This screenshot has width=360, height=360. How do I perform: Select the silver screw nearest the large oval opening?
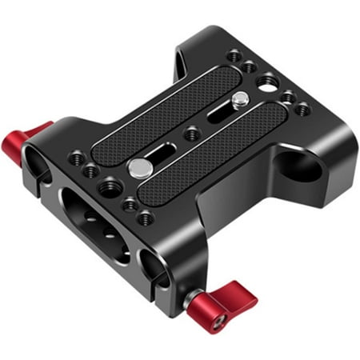point(138,167)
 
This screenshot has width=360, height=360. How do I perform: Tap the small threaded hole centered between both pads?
point(191,134)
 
